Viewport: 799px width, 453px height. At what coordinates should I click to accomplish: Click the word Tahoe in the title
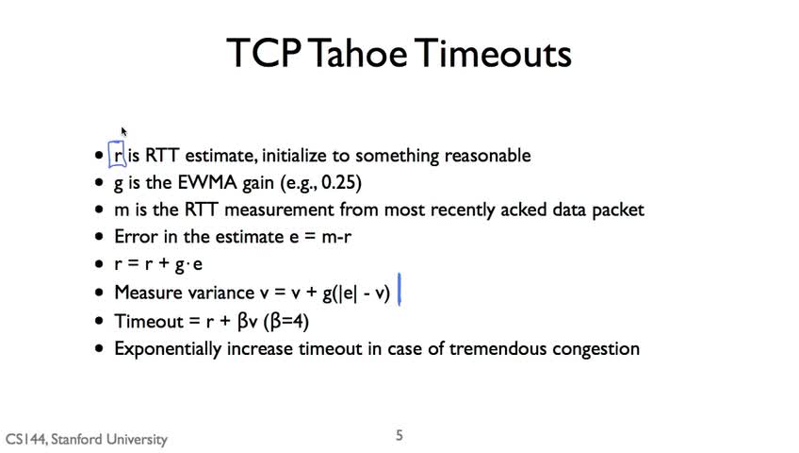tap(357, 53)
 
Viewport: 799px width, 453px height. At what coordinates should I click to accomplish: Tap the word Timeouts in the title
tap(493, 53)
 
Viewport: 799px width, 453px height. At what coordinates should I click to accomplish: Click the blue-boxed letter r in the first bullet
tap(118, 155)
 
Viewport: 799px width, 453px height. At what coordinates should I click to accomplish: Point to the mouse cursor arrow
tap(123, 131)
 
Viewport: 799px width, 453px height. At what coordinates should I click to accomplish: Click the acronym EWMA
tap(207, 182)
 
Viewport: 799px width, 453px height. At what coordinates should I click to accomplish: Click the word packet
tap(617, 210)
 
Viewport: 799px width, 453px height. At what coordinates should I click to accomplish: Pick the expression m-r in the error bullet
tap(336, 237)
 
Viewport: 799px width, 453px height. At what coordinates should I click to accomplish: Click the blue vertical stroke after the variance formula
tap(399, 289)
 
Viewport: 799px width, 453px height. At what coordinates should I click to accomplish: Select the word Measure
tap(148, 293)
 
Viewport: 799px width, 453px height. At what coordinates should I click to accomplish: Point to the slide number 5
tap(399, 435)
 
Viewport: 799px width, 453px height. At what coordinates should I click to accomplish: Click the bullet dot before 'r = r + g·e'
tap(99, 264)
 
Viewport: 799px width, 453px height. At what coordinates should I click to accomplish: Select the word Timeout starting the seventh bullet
tap(149, 322)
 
